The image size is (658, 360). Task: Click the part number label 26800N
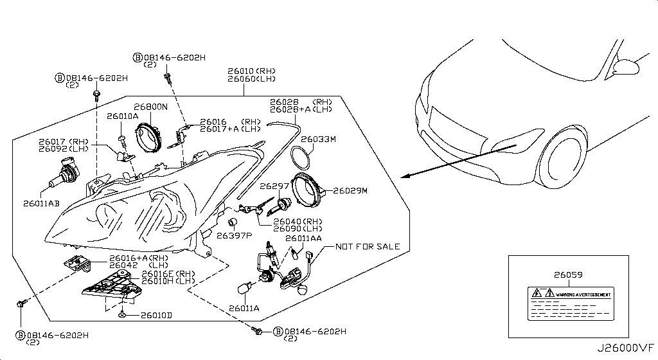150,107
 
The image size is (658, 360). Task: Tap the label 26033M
317,138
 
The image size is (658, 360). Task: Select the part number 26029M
350,191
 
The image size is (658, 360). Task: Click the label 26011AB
42,203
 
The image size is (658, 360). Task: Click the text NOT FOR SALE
368,246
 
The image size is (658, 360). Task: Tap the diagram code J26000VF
626,348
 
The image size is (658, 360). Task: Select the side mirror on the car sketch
627,66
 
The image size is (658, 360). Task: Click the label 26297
272,186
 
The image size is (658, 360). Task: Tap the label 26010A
122,116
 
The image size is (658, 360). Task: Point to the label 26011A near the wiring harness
244,309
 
